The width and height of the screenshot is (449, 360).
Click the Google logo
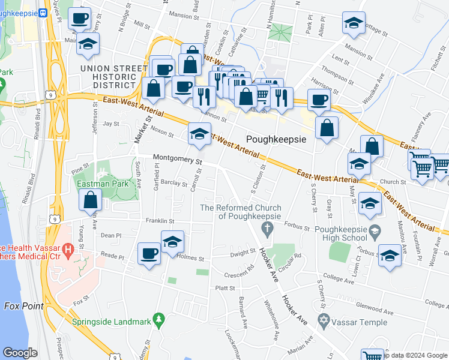pos(20,353)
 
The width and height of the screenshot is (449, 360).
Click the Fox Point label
pos(24,306)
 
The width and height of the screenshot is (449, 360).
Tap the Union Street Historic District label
pos(109,77)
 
